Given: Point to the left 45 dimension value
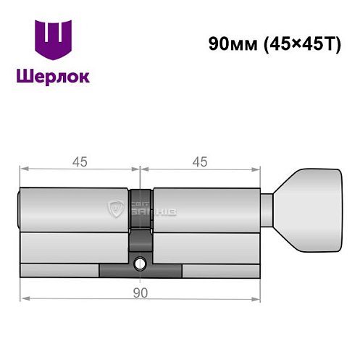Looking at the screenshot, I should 79,162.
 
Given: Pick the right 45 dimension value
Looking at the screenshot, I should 198,162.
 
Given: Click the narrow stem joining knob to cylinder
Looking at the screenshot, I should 267,209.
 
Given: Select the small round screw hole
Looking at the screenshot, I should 140,264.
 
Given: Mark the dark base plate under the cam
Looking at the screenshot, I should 141,271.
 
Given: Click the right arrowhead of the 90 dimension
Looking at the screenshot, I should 256,298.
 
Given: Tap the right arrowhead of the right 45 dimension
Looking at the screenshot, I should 256,170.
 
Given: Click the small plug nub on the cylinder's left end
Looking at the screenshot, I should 18,209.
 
